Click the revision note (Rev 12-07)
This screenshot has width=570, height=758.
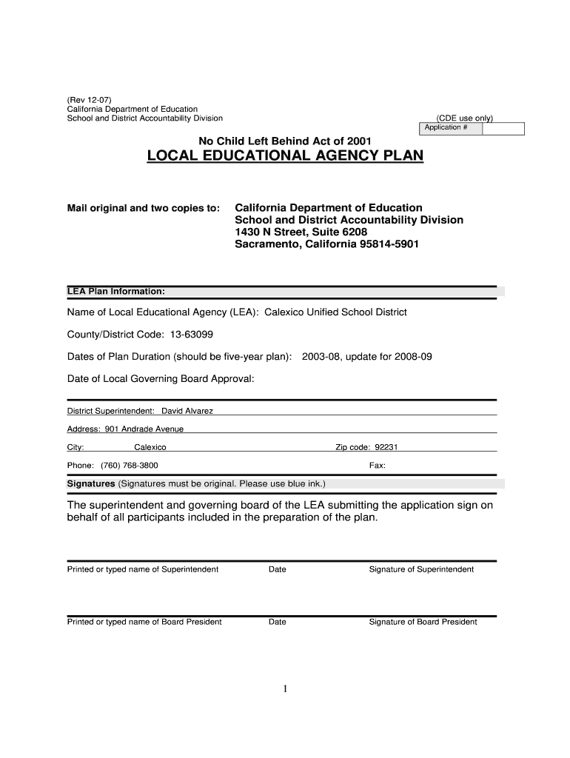(x=91, y=99)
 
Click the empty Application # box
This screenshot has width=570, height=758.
(x=503, y=128)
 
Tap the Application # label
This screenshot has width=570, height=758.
(x=446, y=128)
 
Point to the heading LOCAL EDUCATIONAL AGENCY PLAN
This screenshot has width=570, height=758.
(x=286, y=156)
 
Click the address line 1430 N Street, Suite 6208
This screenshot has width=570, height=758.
(x=301, y=232)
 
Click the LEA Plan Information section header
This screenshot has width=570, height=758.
(x=116, y=291)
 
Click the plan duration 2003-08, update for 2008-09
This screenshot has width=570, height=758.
(x=366, y=357)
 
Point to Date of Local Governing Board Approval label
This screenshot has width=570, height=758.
(x=161, y=379)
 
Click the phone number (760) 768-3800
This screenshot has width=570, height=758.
(x=129, y=466)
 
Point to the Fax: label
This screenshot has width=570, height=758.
(x=377, y=466)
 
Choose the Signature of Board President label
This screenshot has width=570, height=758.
(x=423, y=622)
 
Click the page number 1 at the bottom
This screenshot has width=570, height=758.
(x=285, y=689)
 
